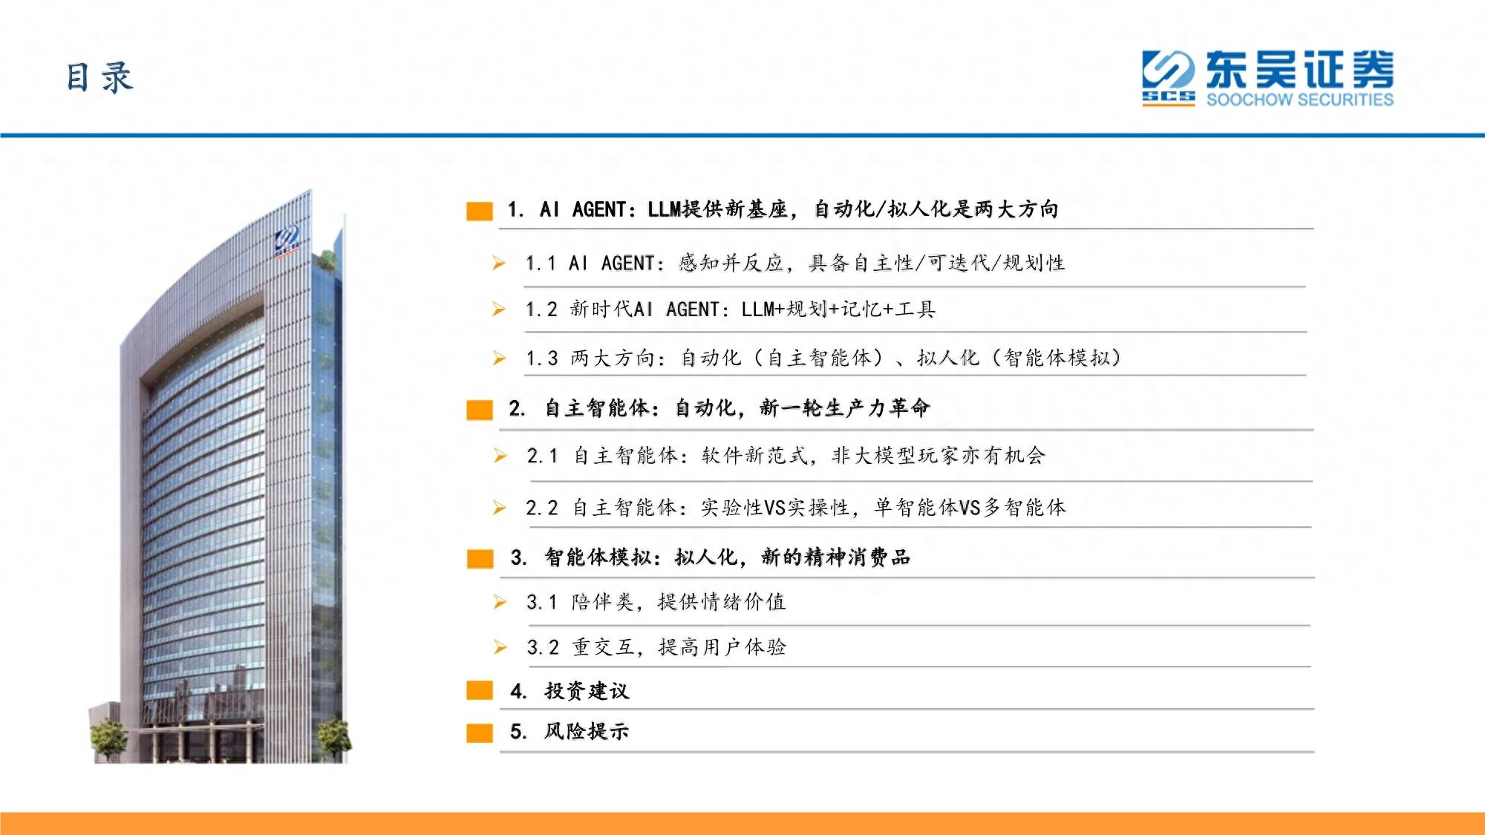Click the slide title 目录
[99, 77]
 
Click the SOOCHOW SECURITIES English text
[1299, 99]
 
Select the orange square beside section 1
[480, 211]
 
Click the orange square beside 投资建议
[480, 690]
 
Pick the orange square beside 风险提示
[480, 733]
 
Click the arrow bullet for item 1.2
[499, 309]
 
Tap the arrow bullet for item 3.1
[500, 602]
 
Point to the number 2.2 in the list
[542, 508]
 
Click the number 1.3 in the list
[542, 358]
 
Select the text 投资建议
[587, 691]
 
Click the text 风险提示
[587, 731]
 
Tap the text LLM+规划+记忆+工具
[838, 309]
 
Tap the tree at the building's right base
[333, 737]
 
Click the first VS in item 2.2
[774, 508]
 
